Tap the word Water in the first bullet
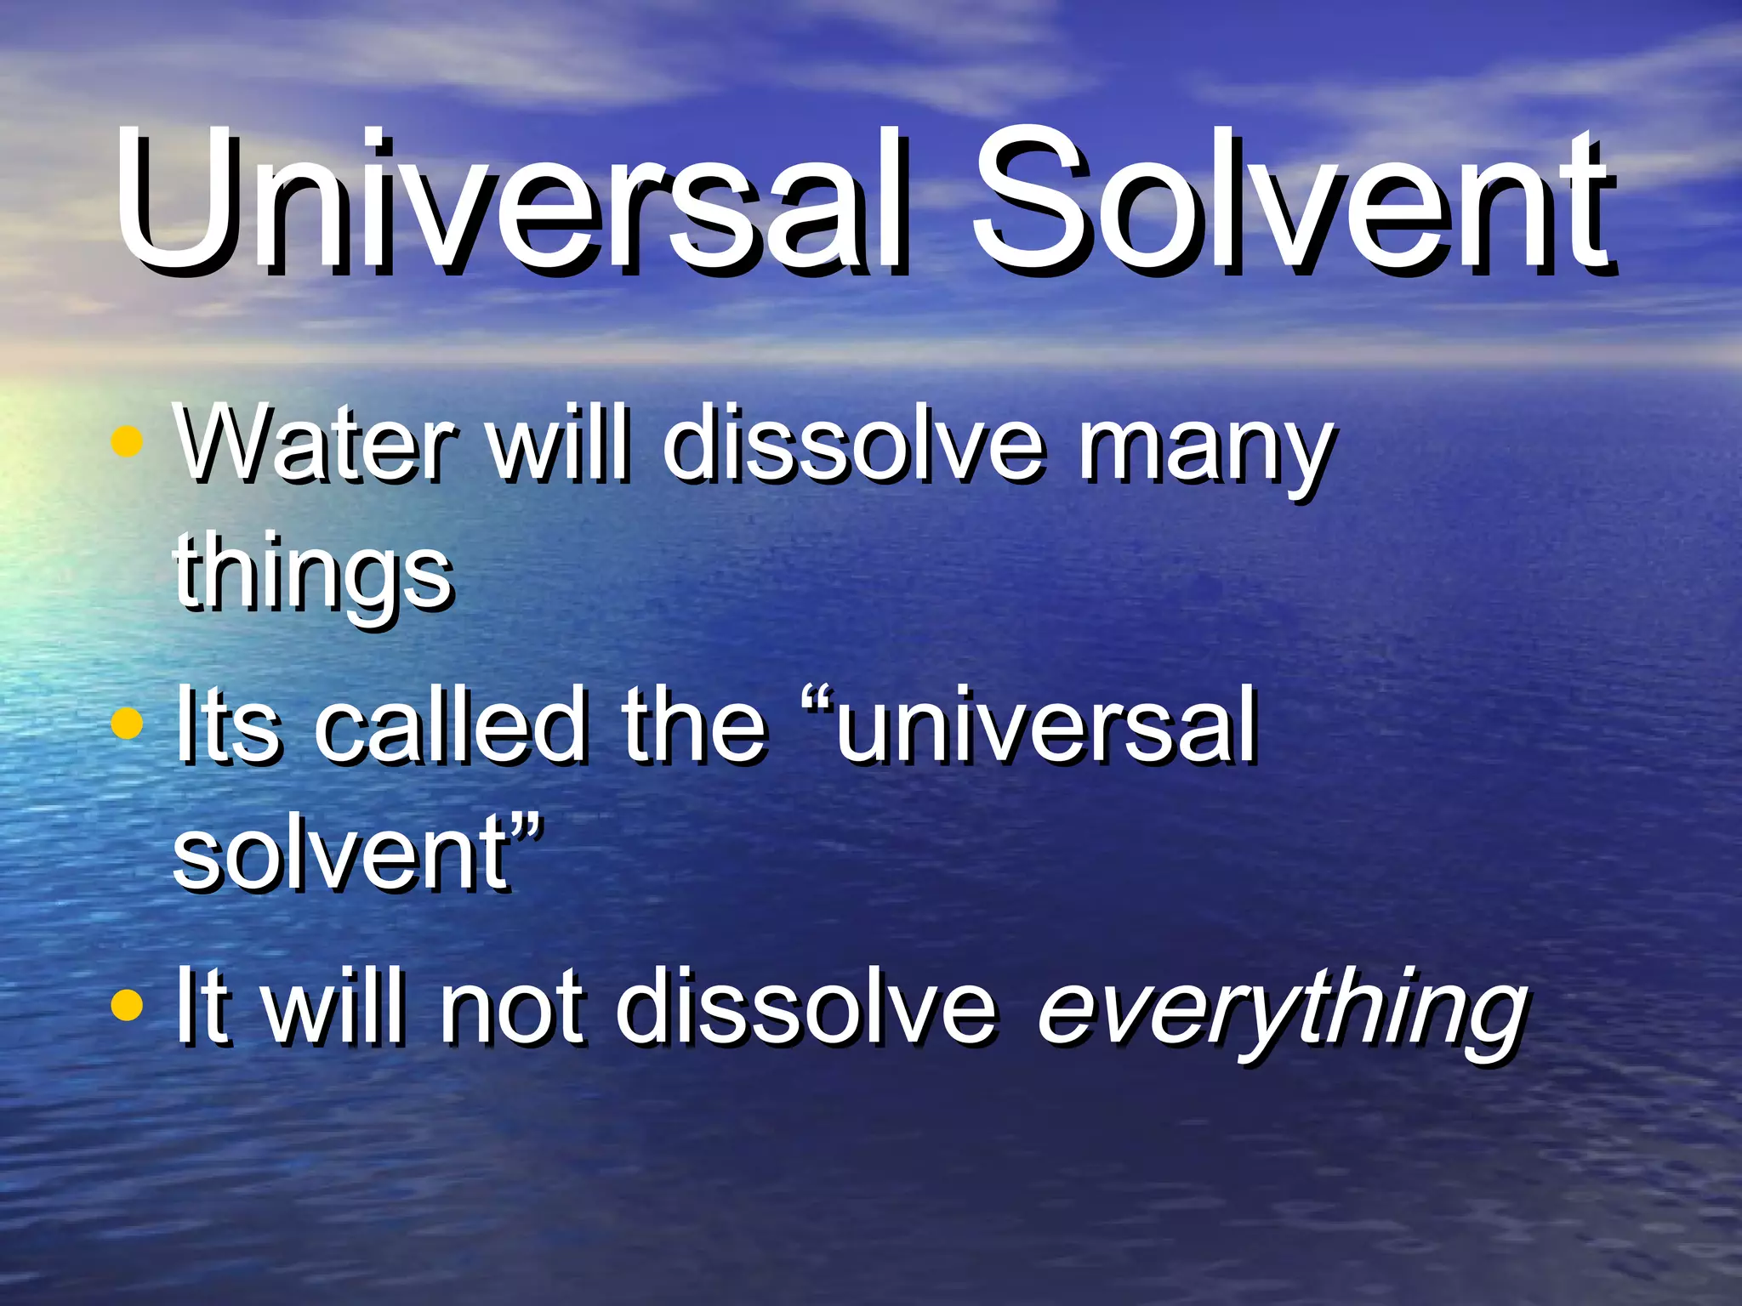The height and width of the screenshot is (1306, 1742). coord(315,446)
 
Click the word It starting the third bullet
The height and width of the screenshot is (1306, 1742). coord(202,1008)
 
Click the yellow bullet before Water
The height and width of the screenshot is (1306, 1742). coord(127,442)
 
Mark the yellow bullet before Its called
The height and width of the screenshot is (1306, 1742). coord(127,724)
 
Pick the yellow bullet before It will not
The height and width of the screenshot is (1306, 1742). coord(127,1004)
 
